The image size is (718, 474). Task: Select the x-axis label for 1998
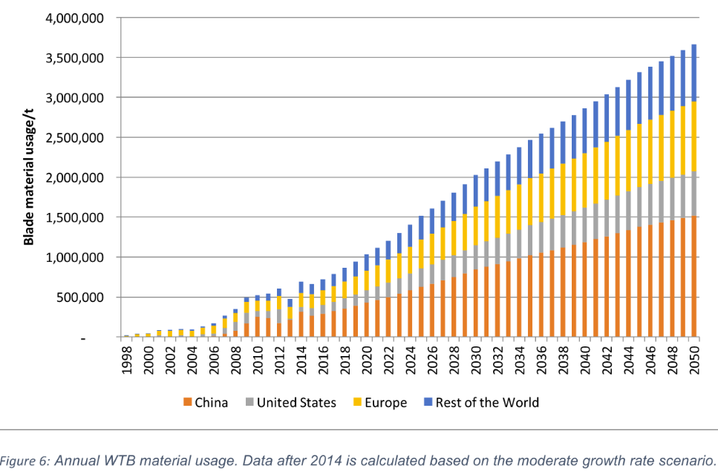126,361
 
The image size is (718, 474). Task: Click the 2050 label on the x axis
694,361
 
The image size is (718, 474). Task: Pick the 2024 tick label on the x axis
410,361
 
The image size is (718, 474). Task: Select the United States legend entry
296,403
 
